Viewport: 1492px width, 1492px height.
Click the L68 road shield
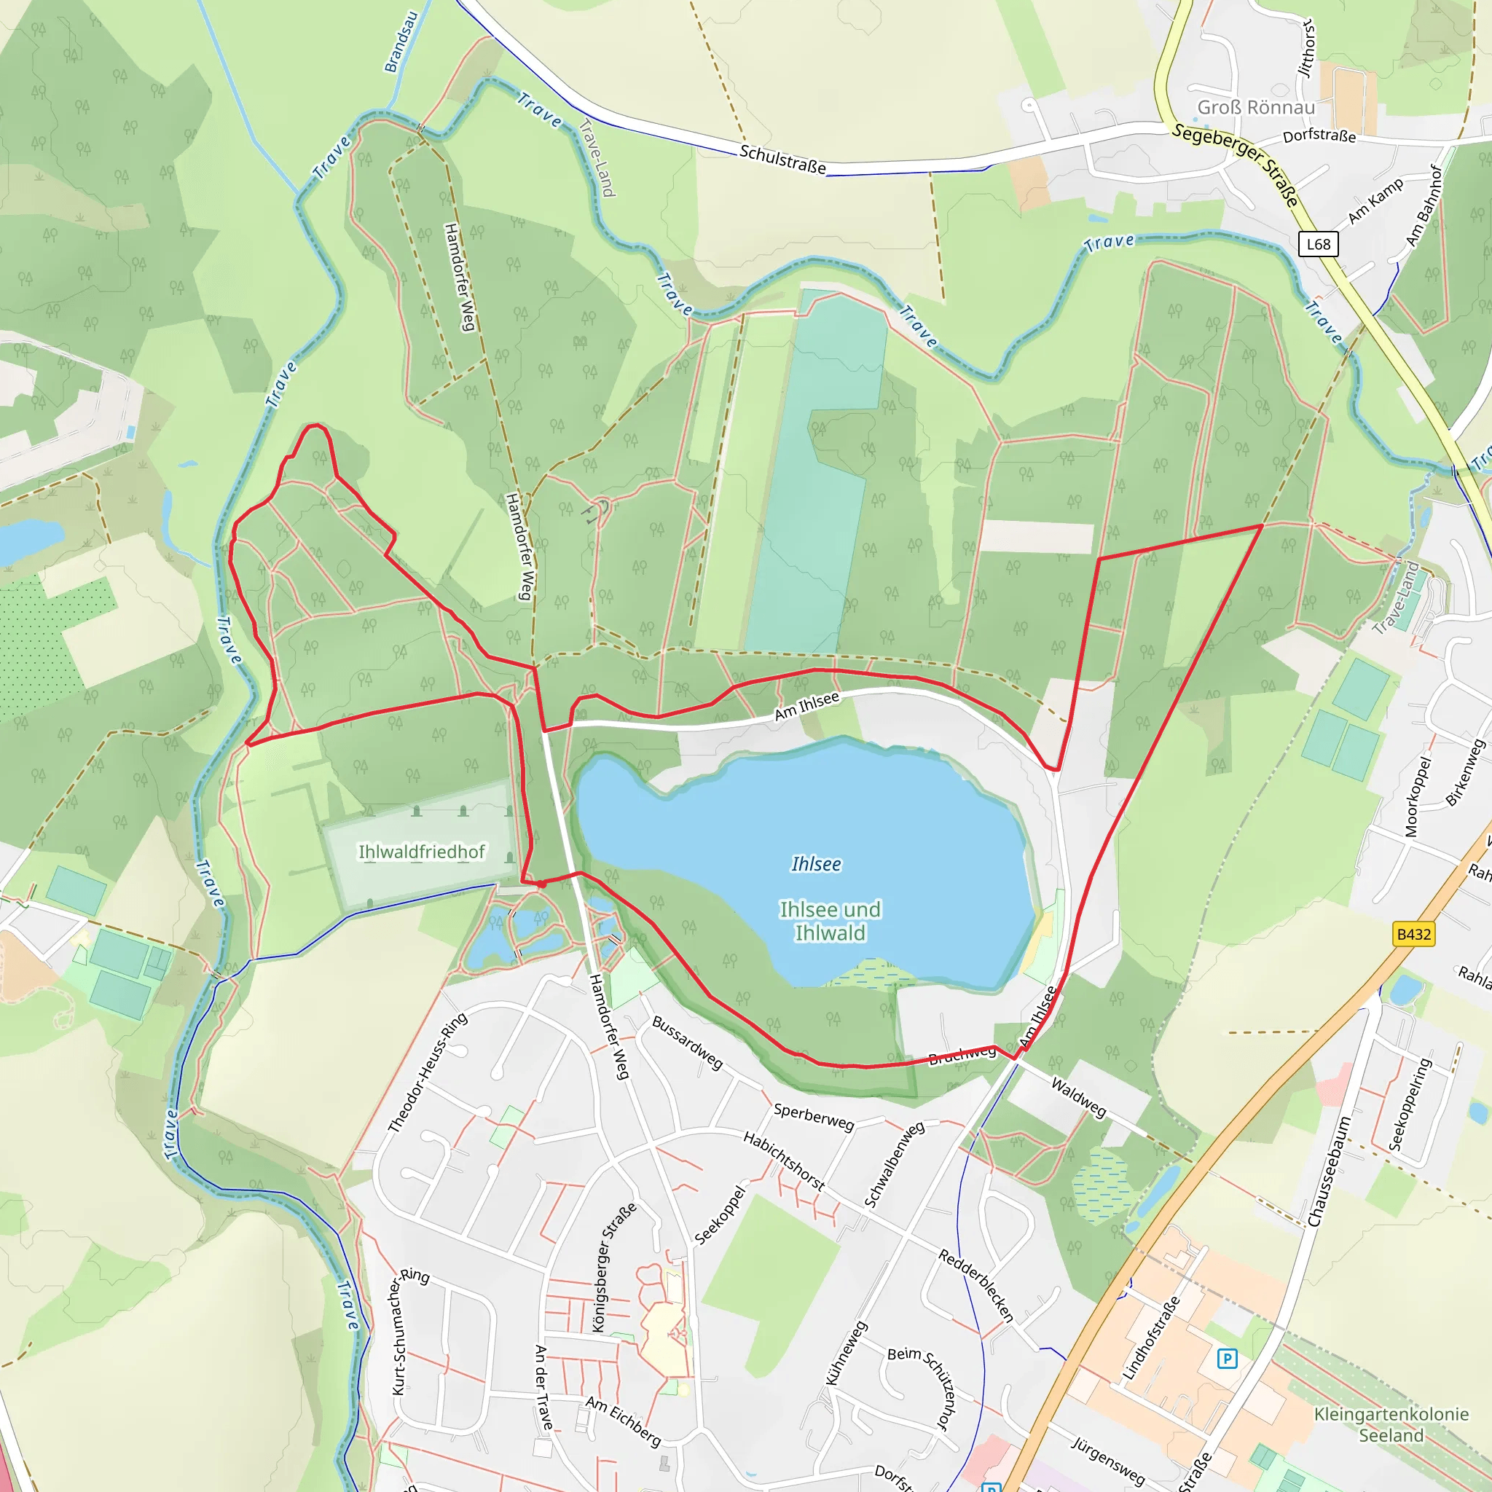click(x=1317, y=244)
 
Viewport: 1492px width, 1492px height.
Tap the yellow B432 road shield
click(x=1413, y=935)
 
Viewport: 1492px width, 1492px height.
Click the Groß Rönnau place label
click(x=1256, y=107)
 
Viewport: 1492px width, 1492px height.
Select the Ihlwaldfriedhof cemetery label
click(x=422, y=852)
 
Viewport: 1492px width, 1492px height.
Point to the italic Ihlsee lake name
click(x=816, y=864)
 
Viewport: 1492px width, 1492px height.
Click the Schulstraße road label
click(x=782, y=159)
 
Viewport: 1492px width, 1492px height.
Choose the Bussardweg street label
click(x=687, y=1043)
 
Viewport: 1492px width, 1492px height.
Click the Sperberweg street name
click(x=813, y=1117)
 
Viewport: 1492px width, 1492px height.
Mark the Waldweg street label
click(x=1079, y=1097)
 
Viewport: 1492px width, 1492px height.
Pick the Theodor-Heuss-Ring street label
click(x=428, y=1072)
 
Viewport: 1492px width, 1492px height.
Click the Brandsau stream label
click(x=401, y=42)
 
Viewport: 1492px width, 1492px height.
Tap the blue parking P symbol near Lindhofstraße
click(x=1226, y=1359)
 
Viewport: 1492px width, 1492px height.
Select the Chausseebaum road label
click(x=1328, y=1171)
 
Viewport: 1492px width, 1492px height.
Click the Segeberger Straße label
click(x=1236, y=164)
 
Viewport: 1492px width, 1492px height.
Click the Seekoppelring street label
click(x=1410, y=1104)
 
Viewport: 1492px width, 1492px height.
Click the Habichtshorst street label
click(x=784, y=1161)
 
